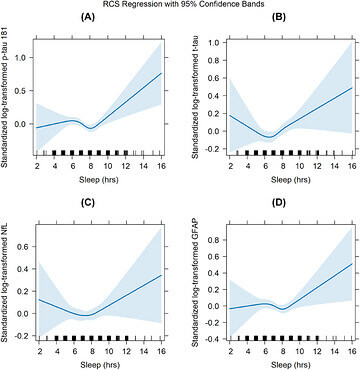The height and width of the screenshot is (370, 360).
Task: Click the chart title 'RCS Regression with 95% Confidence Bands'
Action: pyautogui.click(x=180, y=4)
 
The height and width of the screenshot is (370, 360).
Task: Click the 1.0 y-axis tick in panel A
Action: pyautogui.click(x=24, y=58)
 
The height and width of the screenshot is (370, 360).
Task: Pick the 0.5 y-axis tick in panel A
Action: pyautogui.click(x=24, y=91)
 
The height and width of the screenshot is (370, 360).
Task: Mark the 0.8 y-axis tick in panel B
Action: pyautogui.click(x=215, y=60)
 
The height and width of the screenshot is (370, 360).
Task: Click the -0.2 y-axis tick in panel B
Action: pyautogui.click(x=214, y=149)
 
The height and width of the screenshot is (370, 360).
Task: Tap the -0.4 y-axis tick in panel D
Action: pyautogui.click(x=214, y=339)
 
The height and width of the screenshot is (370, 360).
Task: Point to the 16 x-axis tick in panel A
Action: pyautogui.click(x=161, y=166)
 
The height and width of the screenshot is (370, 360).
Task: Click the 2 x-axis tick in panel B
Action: pyautogui.click(x=230, y=166)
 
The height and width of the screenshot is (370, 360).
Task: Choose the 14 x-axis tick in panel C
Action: pyautogui.click(x=144, y=351)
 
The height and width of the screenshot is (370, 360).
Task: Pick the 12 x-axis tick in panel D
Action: pyautogui.click(x=317, y=351)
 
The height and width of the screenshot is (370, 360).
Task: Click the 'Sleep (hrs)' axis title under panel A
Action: pyautogui.click(x=99, y=180)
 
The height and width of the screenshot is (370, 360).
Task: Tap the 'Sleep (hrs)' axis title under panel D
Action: pyautogui.click(x=290, y=365)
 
